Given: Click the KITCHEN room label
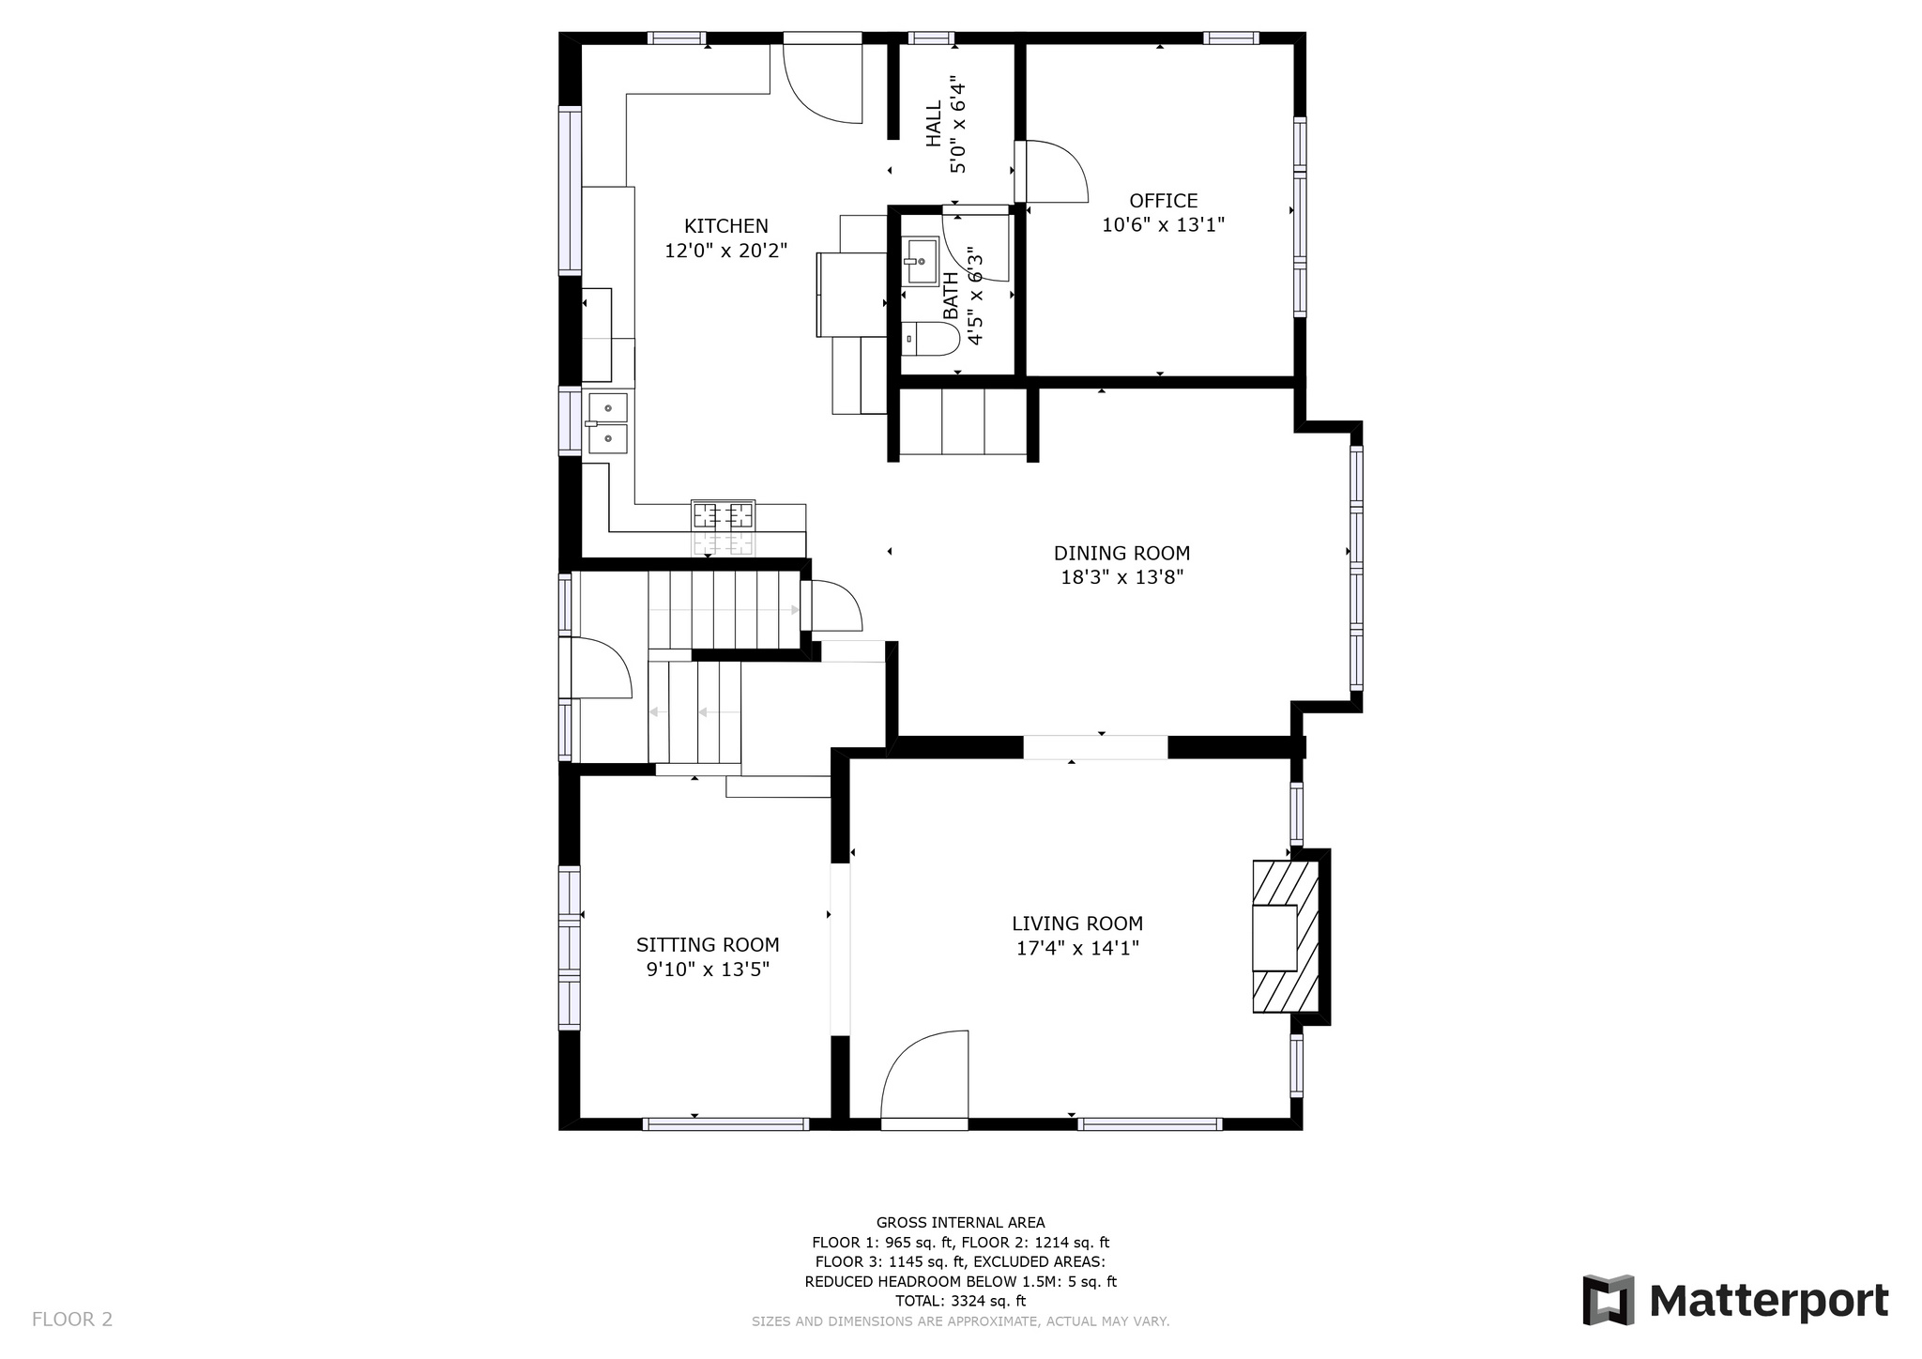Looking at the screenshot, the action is tap(725, 226).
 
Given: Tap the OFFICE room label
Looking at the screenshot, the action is tap(1163, 201).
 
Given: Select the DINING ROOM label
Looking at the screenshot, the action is tap(1121, 554).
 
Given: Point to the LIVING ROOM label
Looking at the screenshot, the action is tap(1077, 924).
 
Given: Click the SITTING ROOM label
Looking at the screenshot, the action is tap(708, 945).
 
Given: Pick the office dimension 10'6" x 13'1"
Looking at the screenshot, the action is tap(1163, 225).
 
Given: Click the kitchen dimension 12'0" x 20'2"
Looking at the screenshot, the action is tap(725, 251).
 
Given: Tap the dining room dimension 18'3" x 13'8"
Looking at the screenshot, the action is tap(1121, 578).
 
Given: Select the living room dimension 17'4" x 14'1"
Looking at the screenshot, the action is tap(1077, 948).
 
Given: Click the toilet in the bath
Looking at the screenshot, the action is tap(930, 339).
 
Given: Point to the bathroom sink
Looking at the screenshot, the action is tap(921, 260).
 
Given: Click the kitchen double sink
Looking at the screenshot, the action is tap(607, 423).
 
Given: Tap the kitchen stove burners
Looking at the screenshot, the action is tap(723, 515).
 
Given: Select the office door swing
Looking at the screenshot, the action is tap(1051, 172).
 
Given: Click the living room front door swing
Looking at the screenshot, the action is tap(924, 1076).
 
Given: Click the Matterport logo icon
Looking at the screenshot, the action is tap(1608, 1300).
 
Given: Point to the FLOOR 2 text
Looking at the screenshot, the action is tap(72, 1320).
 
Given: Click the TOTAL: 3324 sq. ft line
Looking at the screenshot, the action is tap(960, 1301).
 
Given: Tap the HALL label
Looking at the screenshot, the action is tap(934, 124).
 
